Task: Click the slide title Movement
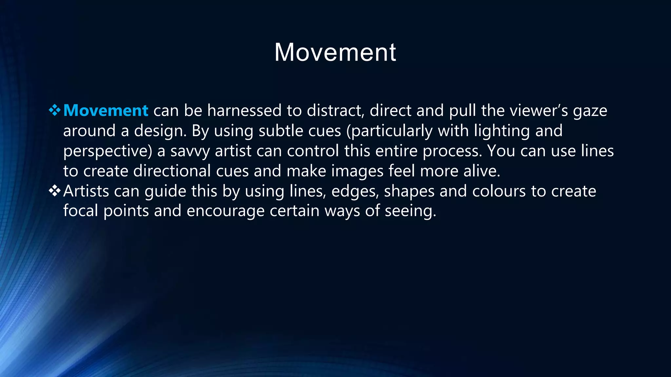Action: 335,52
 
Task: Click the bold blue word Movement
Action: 105,111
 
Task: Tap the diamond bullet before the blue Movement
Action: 54,110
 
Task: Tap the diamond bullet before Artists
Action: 54,191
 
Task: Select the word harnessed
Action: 244,111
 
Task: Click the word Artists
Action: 86,191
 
